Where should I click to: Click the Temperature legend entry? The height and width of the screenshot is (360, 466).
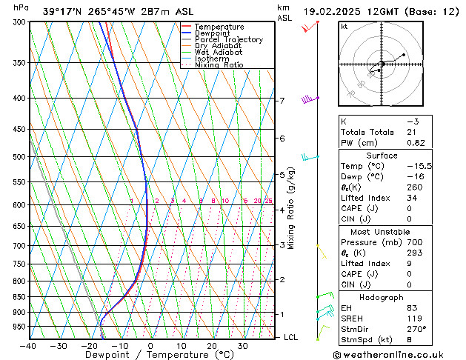pos(219,27)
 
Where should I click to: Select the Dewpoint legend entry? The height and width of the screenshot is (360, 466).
pos(214,33)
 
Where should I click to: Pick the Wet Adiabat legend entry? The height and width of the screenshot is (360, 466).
pos(219,52)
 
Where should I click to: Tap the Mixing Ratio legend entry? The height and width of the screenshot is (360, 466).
pos(219,65)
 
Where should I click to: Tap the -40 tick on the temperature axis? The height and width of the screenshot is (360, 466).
pos(29,346)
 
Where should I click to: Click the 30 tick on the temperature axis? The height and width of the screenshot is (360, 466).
pos(242,346)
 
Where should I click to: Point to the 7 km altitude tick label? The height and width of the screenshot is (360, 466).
pos(282,101)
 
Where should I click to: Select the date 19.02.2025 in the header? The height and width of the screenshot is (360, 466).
pos(330,11)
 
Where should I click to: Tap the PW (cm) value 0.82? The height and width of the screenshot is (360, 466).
pos(416,143)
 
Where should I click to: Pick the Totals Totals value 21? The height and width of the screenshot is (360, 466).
pos(411,132)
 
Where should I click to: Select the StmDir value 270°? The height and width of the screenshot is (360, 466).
pos(416,330)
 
